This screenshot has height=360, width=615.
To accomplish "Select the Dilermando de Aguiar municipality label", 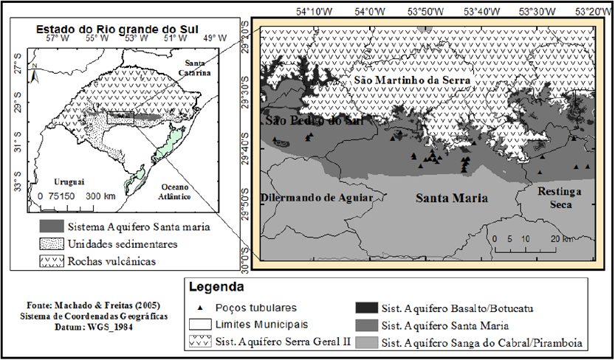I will pos(315,198).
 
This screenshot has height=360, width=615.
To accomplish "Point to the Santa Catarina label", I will pos(188,69).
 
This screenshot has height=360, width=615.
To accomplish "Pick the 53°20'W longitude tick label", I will pos(593,11).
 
